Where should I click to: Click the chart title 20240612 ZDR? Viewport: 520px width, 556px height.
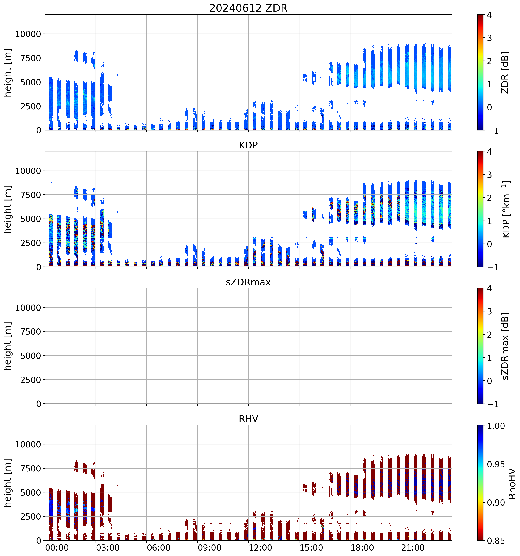click(248, 8)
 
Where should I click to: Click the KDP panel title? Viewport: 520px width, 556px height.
click(248, 145)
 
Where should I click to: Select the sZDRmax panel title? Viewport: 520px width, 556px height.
click(248, 282)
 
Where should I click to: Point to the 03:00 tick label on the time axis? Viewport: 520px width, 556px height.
click(108, 548)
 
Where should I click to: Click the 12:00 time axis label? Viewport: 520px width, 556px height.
click(260, 548)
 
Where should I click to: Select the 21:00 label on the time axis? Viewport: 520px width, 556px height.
click(413, 548)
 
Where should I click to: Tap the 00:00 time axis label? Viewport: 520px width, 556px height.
click(57, 548)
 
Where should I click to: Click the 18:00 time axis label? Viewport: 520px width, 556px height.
click(362, 548)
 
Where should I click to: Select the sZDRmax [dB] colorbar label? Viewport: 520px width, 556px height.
click(505, 346)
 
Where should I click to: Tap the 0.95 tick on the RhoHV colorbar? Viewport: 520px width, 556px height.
click(496, 464)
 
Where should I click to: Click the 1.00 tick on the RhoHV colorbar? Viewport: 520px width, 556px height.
click(496, 426)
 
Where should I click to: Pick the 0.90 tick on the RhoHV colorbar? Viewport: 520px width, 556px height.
click(496, 503)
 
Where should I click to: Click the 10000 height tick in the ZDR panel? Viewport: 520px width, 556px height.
click(28, 34)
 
